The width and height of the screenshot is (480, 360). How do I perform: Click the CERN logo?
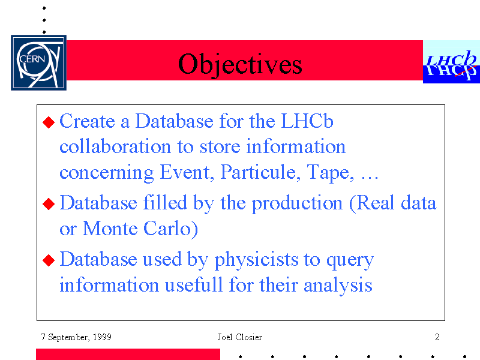point(38,62)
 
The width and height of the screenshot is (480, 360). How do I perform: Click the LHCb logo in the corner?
point(452,62)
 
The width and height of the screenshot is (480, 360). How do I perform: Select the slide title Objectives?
point(240,64)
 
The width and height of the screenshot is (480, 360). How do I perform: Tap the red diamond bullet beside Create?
point(49,122)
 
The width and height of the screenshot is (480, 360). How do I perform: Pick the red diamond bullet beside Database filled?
point(49,204)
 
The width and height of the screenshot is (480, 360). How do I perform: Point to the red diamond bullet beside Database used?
point(49,260)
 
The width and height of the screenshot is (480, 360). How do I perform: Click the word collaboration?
point(115,146)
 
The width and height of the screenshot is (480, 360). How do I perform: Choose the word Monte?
point(110,229)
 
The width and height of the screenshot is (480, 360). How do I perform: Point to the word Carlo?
point(171,229)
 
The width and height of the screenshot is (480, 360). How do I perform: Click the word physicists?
point(256,260)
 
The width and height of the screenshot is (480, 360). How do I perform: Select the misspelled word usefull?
point(194,284)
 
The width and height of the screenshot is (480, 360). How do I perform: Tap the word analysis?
point(338,286)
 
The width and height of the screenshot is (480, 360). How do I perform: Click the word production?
point(297,203)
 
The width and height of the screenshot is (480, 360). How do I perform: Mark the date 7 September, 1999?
point(76,337)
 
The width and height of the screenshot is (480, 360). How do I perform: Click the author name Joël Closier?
point(239,337)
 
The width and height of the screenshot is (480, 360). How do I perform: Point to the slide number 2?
point(437,337)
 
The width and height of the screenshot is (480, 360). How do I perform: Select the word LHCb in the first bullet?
point(307,121)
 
